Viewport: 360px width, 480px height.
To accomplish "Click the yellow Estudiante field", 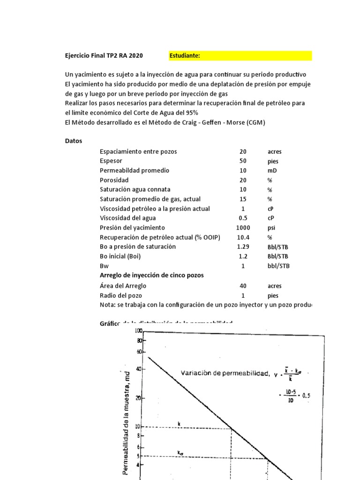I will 240,56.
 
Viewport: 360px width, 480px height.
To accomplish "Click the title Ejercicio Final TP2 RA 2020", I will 104,56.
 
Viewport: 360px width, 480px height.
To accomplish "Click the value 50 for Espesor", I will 243,161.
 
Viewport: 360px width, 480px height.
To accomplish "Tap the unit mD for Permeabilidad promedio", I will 272,171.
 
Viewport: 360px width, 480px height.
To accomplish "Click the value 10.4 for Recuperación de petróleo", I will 243,237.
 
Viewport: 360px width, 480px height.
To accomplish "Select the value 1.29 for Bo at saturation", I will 243,247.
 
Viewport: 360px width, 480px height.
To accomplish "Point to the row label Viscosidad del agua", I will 128,218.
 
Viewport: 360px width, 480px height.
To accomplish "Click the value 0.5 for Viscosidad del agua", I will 243,218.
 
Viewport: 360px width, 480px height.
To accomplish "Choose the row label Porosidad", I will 114,180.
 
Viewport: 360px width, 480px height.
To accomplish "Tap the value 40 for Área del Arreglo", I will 243,285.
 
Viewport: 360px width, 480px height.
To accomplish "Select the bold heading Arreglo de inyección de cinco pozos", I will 151,275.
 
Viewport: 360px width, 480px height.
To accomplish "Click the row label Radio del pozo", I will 121,295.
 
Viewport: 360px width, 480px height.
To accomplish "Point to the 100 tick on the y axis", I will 138,331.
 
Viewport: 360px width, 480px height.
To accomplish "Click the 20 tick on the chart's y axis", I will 138,398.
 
